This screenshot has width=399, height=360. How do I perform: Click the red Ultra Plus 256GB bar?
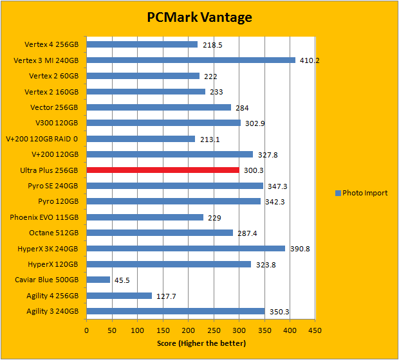coord(163,170)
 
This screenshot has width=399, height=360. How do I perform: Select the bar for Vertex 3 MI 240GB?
coord(190,60)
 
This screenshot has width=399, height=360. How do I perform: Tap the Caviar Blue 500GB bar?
coord(98,280)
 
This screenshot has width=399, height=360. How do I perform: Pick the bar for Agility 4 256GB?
coord(119,296)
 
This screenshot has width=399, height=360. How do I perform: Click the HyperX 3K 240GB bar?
coord(185,248)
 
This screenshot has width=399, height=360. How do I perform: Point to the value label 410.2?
coord(310,60)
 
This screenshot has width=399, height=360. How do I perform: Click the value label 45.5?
coord(123,280)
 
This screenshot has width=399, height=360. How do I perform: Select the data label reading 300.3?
coord(252,170)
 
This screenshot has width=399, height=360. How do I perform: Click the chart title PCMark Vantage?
coord(199,17)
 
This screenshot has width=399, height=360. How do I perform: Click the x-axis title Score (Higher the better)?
coord(201,343)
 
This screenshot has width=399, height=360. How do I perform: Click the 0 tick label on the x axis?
coord(87,330)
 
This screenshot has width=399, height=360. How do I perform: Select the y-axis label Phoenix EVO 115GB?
coord(44,217)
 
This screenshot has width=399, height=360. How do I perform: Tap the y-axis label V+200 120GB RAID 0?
coord(42,139)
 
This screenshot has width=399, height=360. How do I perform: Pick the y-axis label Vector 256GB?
coord(54,107)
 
